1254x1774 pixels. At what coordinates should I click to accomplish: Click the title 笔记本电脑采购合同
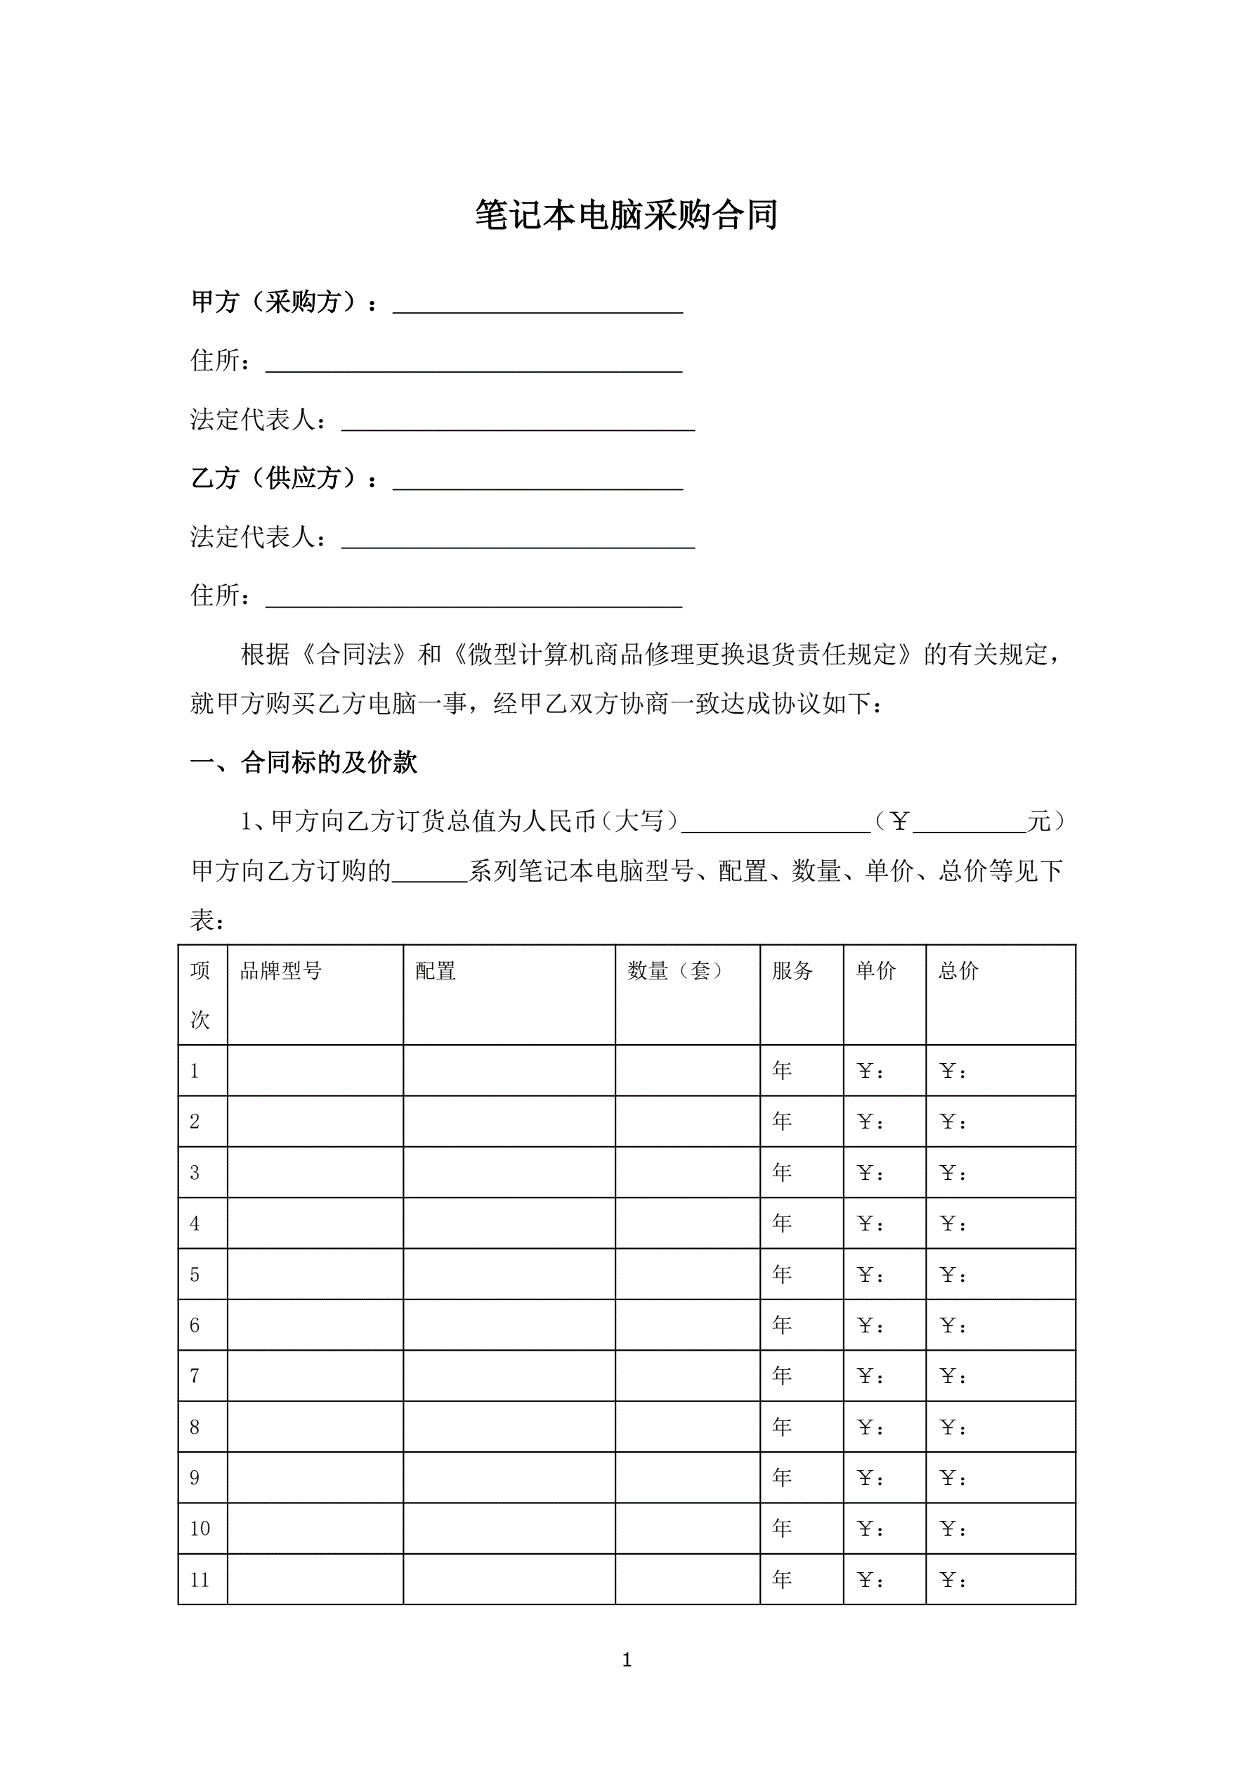tap(626, 214)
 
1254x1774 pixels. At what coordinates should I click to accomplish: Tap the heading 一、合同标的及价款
tap(303, 763)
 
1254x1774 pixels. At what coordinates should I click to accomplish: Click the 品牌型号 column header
tap(280, 970)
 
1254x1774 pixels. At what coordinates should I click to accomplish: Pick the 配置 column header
tap(436, 970)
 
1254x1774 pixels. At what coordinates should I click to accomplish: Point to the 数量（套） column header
tap(677, 970)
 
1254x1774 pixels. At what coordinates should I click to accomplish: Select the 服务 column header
tap(792, 970)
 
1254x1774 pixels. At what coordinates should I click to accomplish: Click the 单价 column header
tap(875, 970)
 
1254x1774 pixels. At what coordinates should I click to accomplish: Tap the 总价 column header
tap(958, 970)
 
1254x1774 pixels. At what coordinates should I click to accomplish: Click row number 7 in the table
tap(195, 1375)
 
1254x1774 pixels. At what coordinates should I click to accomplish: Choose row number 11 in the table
tap(200, 1579)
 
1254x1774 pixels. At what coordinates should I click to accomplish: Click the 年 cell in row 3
tap(782, 1172)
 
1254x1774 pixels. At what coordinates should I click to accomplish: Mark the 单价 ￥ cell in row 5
tap(871, 1274)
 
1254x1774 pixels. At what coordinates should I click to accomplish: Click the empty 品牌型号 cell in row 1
tap(315, 1070)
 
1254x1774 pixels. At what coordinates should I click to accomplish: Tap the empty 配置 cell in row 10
tap(509, 1529)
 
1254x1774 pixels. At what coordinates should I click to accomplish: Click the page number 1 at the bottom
tap(627, 1659)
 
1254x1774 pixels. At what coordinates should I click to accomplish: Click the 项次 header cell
tap(201, 994)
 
